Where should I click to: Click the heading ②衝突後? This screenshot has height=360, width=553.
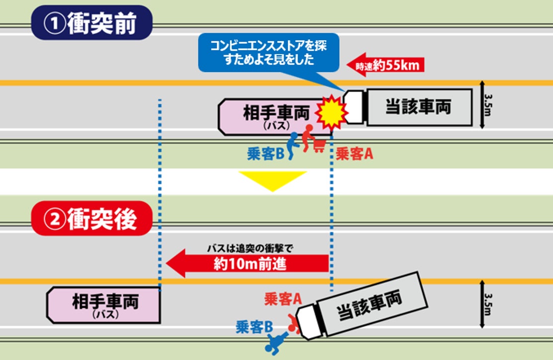pos(91,218)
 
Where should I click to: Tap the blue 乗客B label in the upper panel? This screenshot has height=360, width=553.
pos(265,154)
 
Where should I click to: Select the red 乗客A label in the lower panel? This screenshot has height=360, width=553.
pos(283,299)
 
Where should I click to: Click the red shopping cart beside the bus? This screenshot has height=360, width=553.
pos(320,144)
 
